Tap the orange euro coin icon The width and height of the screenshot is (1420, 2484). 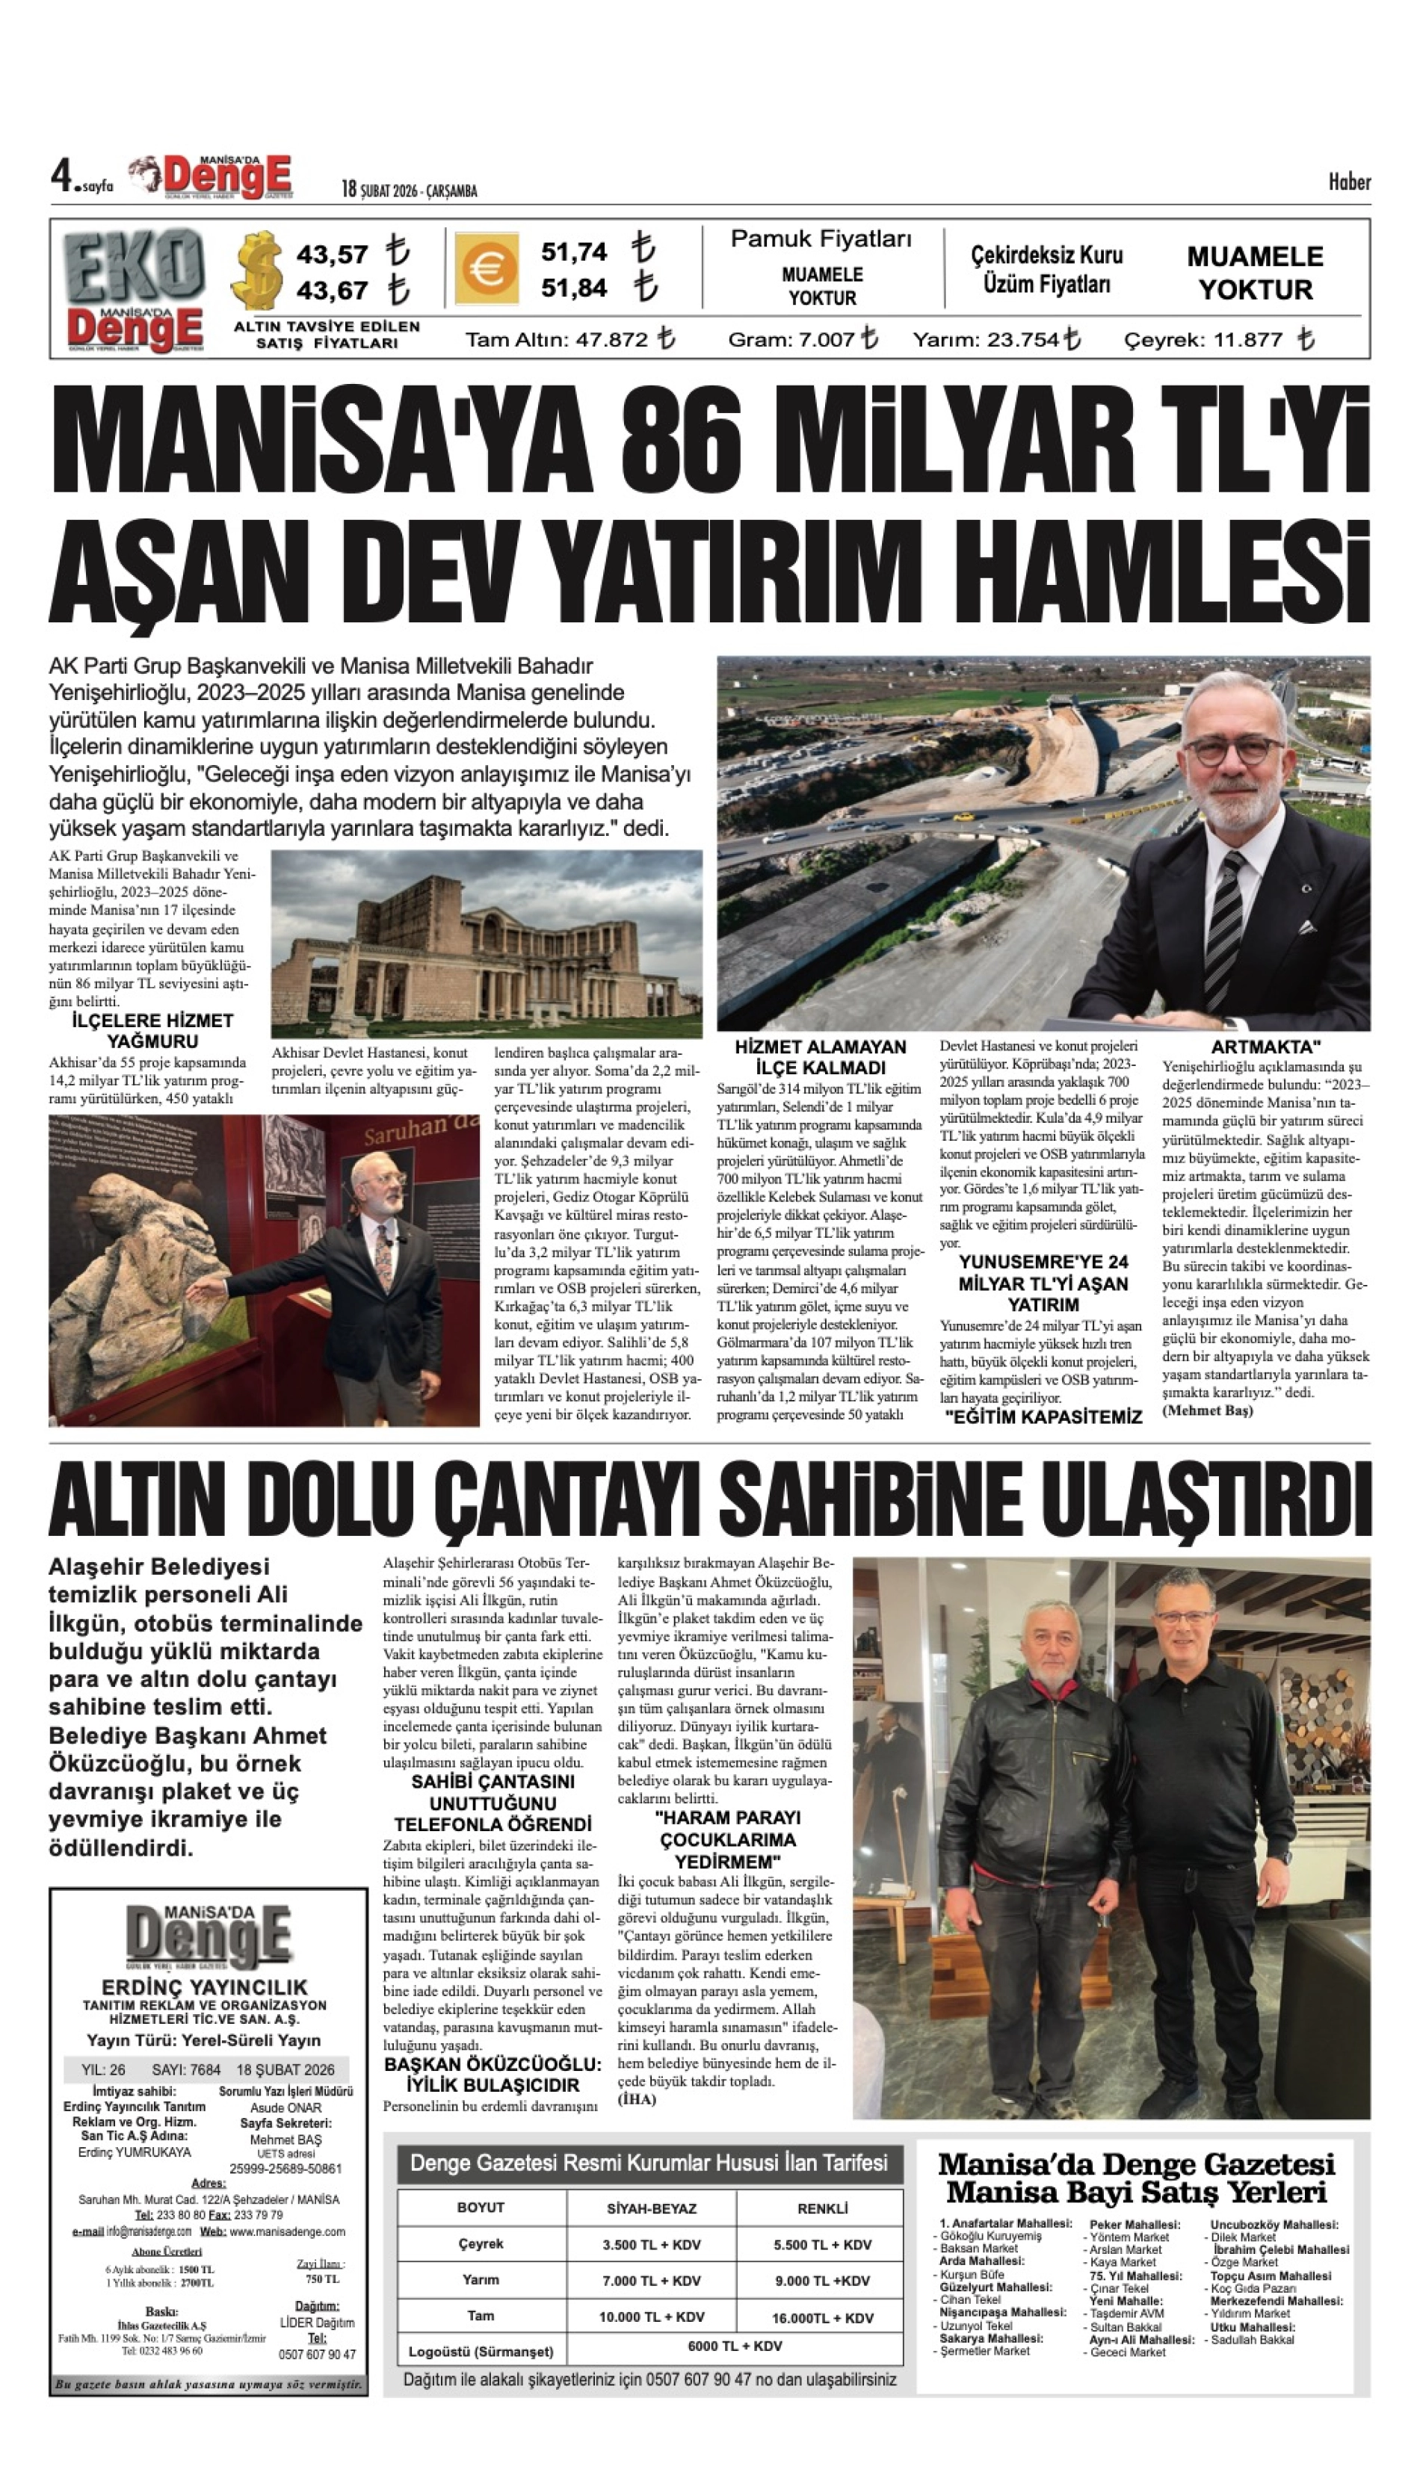[485, 269]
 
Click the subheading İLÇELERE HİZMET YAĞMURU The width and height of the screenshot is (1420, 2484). [152, 1030]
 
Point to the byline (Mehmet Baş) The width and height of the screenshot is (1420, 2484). [1208, 1410]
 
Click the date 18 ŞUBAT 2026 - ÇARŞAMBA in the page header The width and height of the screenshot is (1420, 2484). [409, 190]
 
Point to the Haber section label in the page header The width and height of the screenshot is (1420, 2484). [1349, 182]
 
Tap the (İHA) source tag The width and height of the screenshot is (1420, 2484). [637, 2098]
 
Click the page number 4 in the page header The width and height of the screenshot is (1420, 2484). [63, 178]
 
